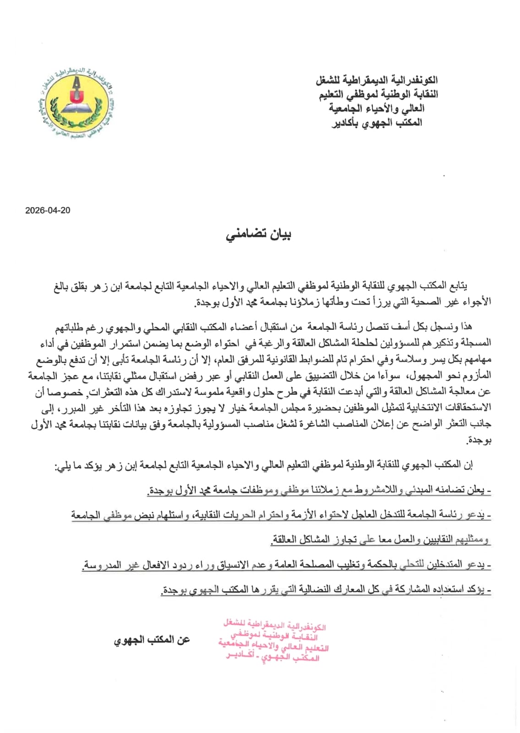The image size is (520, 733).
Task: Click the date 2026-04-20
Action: tap(48, 210)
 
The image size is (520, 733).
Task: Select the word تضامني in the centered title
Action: tap(242, 235)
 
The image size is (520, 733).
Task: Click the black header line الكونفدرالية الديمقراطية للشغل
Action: tap(376, 80)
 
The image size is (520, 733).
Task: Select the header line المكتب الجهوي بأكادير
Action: tap(377, 123)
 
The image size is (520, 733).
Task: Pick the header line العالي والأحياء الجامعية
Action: tap(376, 109)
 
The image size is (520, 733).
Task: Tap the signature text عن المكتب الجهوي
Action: tap(152, 640)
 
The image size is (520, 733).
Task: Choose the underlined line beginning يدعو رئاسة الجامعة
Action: tap(281, 515)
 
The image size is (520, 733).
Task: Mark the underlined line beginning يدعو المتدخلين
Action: tap(286, 565)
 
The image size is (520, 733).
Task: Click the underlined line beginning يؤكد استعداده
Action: tap(326, 590)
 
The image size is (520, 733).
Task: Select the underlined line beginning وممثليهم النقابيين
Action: tap(380, 540)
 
